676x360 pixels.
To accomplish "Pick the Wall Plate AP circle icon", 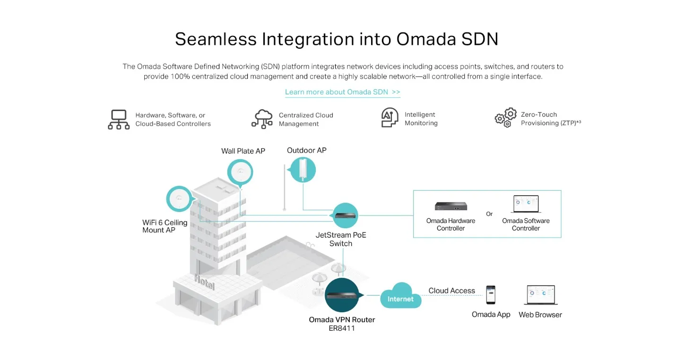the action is tap(240, 172).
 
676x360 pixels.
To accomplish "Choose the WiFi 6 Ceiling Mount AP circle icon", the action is tap(180, 199).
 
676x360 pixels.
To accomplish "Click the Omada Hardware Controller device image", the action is tap(451, 206).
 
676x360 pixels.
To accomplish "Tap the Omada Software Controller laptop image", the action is tap(526, 204).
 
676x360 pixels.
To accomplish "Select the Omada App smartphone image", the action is tap(491, 295).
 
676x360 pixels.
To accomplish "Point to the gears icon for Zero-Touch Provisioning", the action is tap(505, 118).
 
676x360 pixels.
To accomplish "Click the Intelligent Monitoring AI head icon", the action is tap(390, 117).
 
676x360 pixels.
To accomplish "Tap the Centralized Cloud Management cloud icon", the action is tap(262, 119).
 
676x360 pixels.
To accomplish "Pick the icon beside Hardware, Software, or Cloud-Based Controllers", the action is tap(119, 120).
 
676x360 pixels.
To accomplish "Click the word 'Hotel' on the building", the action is tap(205, 282).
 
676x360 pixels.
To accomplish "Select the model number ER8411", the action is tap(342, 328).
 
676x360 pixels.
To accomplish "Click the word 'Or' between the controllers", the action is tap(489, 214).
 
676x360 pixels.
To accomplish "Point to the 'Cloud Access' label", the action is tap(451, 291).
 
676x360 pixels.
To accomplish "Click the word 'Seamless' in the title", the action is tap(216, 39).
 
